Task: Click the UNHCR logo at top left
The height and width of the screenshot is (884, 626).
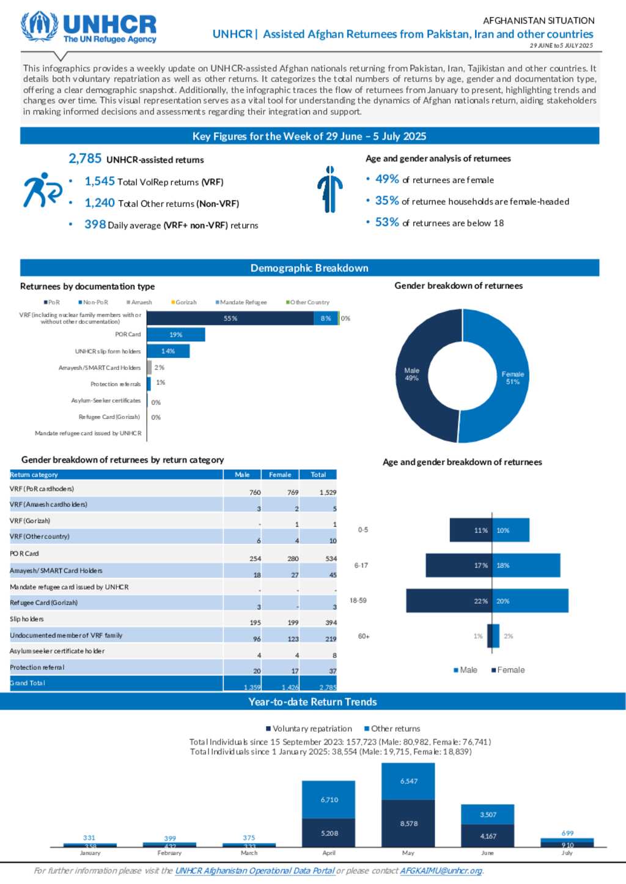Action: pyautogui.click(x=89, y=28)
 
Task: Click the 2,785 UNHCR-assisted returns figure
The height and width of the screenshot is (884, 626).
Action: pyautogui.click(x=85, y=158)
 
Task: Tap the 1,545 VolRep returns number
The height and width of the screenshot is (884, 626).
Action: pyautogui.click(x=100, y=181)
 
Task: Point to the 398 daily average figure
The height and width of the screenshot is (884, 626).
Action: pyautogui.click(x=95, y=225)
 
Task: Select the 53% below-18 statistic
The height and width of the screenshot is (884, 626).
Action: pyautogui.click(x=387, y=222)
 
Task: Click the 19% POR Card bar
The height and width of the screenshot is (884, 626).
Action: pyautogui.click(x=176, y=335)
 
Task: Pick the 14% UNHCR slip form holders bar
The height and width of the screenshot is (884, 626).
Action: pyautogui.click(x=168, y=351)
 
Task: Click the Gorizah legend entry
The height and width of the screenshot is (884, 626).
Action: pyautogui.click(x=186, y=302)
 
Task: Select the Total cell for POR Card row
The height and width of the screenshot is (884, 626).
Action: pyautogui.click(x=331, y=558)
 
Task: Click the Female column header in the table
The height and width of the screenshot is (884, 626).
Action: pyautogui.click(x=280, y=475)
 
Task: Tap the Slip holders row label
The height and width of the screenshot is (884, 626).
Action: pyautogui.click(x=27, y=619)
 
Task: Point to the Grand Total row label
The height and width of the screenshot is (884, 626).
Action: pyautogui.click(x=28, y=683)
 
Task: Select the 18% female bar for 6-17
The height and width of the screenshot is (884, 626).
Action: pyautogui.click(x=526, y=565)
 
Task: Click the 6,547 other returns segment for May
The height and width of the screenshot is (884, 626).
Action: pyautogui.click(x=408, y=781)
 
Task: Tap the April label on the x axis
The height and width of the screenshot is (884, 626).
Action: pyautogui.click(x=329, y=853)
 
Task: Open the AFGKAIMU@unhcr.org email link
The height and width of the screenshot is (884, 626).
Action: pyautogui.click(x=441, y=871)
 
